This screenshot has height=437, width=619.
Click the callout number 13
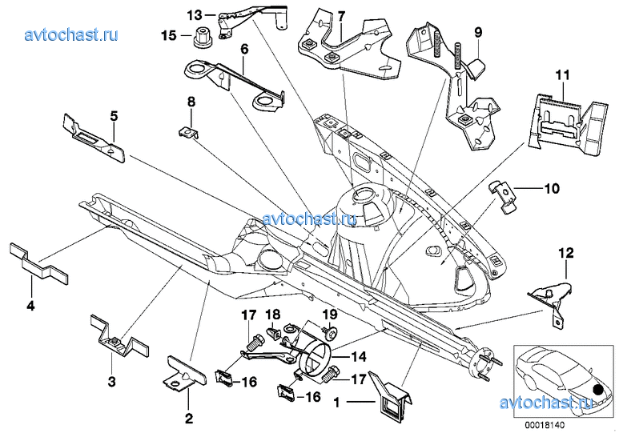coord(195,15)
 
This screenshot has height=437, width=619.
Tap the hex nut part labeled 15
coord(203,37)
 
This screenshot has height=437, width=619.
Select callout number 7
coord(341,17)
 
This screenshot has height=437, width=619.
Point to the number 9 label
coord(478,32)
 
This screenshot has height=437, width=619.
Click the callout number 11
coord(563,75)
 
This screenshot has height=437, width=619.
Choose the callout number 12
coord(566,253)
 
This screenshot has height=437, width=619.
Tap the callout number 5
coord(114,116)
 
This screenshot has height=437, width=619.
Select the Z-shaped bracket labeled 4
coord(38,263)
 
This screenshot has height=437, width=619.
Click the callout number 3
coord(112,382)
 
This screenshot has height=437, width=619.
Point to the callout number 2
coord(189,418)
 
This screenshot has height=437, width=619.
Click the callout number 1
coord(336,403)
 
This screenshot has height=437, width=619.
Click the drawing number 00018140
coord(545,426)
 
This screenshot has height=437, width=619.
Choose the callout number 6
coord(244,50)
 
